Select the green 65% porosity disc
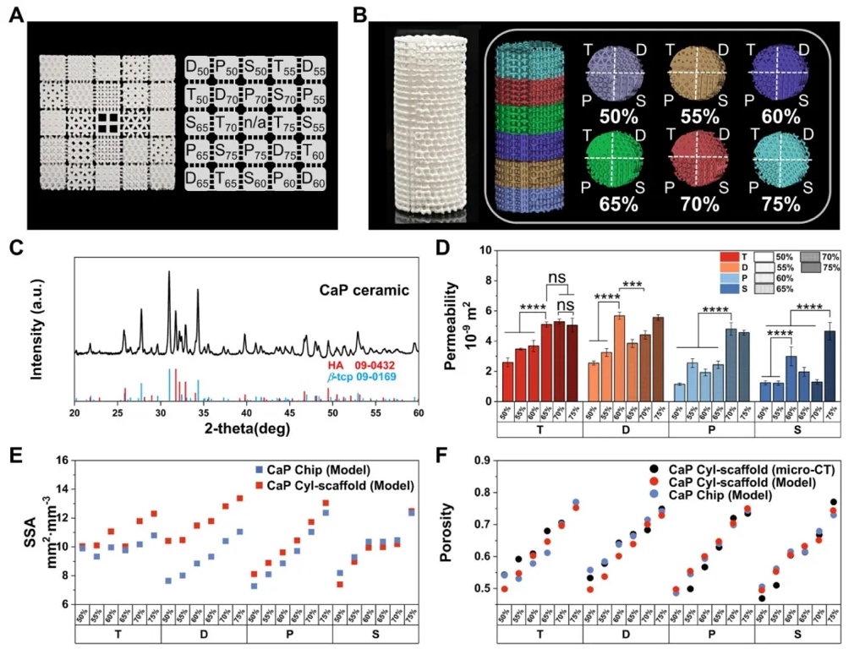click(613, 161)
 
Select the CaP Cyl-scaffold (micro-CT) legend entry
click(734, 470)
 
